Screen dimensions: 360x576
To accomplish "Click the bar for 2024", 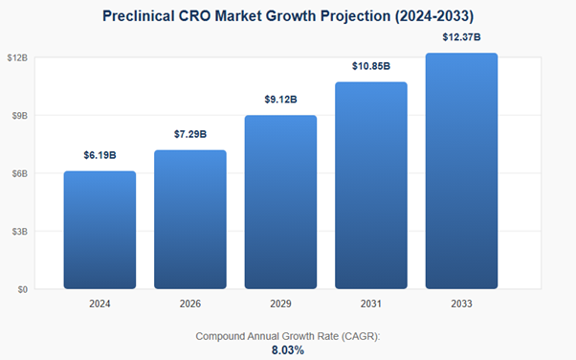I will [100, 230].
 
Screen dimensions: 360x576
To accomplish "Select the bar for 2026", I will [189, 219].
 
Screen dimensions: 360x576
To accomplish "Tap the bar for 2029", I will [280, 202].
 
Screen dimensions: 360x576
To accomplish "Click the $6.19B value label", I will [100, 155].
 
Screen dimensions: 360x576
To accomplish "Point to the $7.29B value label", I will [189, 134].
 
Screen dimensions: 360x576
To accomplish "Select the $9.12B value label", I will [280, 100].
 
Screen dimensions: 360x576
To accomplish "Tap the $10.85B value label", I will [370, 66].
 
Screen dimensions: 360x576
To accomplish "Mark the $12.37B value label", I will [461, 37].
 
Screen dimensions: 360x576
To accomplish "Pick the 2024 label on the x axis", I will [100, 304].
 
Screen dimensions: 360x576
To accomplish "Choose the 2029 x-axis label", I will [280, 304].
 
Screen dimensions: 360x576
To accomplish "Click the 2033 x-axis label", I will [461, 304].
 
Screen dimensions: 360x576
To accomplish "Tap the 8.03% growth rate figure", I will [288, 350].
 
